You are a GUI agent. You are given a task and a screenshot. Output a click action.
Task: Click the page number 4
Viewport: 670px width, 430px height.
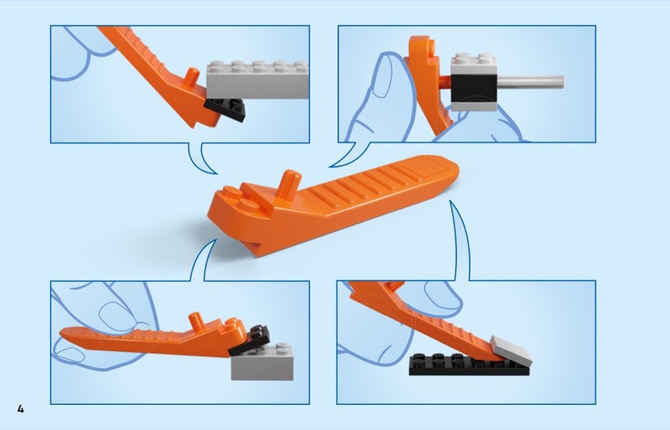point(20,409)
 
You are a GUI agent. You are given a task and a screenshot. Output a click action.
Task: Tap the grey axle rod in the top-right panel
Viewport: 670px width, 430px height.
point(530,82)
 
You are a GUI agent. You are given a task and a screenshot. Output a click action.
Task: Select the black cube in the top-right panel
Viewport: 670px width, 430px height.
point(474,88)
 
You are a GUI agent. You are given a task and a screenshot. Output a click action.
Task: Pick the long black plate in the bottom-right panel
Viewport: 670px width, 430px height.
point(469,365)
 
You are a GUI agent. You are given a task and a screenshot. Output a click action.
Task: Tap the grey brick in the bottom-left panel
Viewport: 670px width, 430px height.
point(262,362)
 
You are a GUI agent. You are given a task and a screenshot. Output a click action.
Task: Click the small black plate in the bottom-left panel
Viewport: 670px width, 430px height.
point(250,340)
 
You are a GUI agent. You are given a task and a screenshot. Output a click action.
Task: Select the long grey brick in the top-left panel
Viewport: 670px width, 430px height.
point(257,80)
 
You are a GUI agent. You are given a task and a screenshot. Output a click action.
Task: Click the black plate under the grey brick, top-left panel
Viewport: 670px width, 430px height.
point(225,110)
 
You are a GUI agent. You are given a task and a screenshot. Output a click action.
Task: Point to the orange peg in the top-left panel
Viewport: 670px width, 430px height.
point(192,77)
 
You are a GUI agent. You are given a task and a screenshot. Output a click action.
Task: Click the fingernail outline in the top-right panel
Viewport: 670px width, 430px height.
point(384,76)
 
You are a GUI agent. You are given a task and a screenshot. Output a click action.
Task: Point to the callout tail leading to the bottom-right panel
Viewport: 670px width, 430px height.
point(461,241)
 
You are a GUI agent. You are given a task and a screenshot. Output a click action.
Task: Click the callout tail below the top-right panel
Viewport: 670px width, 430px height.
point(351,156)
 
